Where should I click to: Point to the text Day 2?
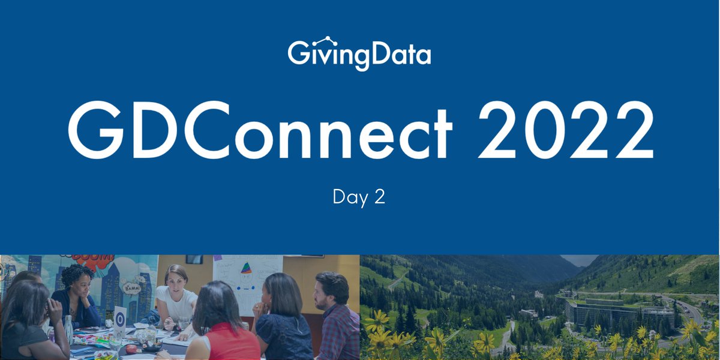(x=359, y=197)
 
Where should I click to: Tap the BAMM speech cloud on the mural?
(x=133, y=288)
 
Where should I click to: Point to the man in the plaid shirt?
(x=336, y=318)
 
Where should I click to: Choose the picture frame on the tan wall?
(x=194, y=259)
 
